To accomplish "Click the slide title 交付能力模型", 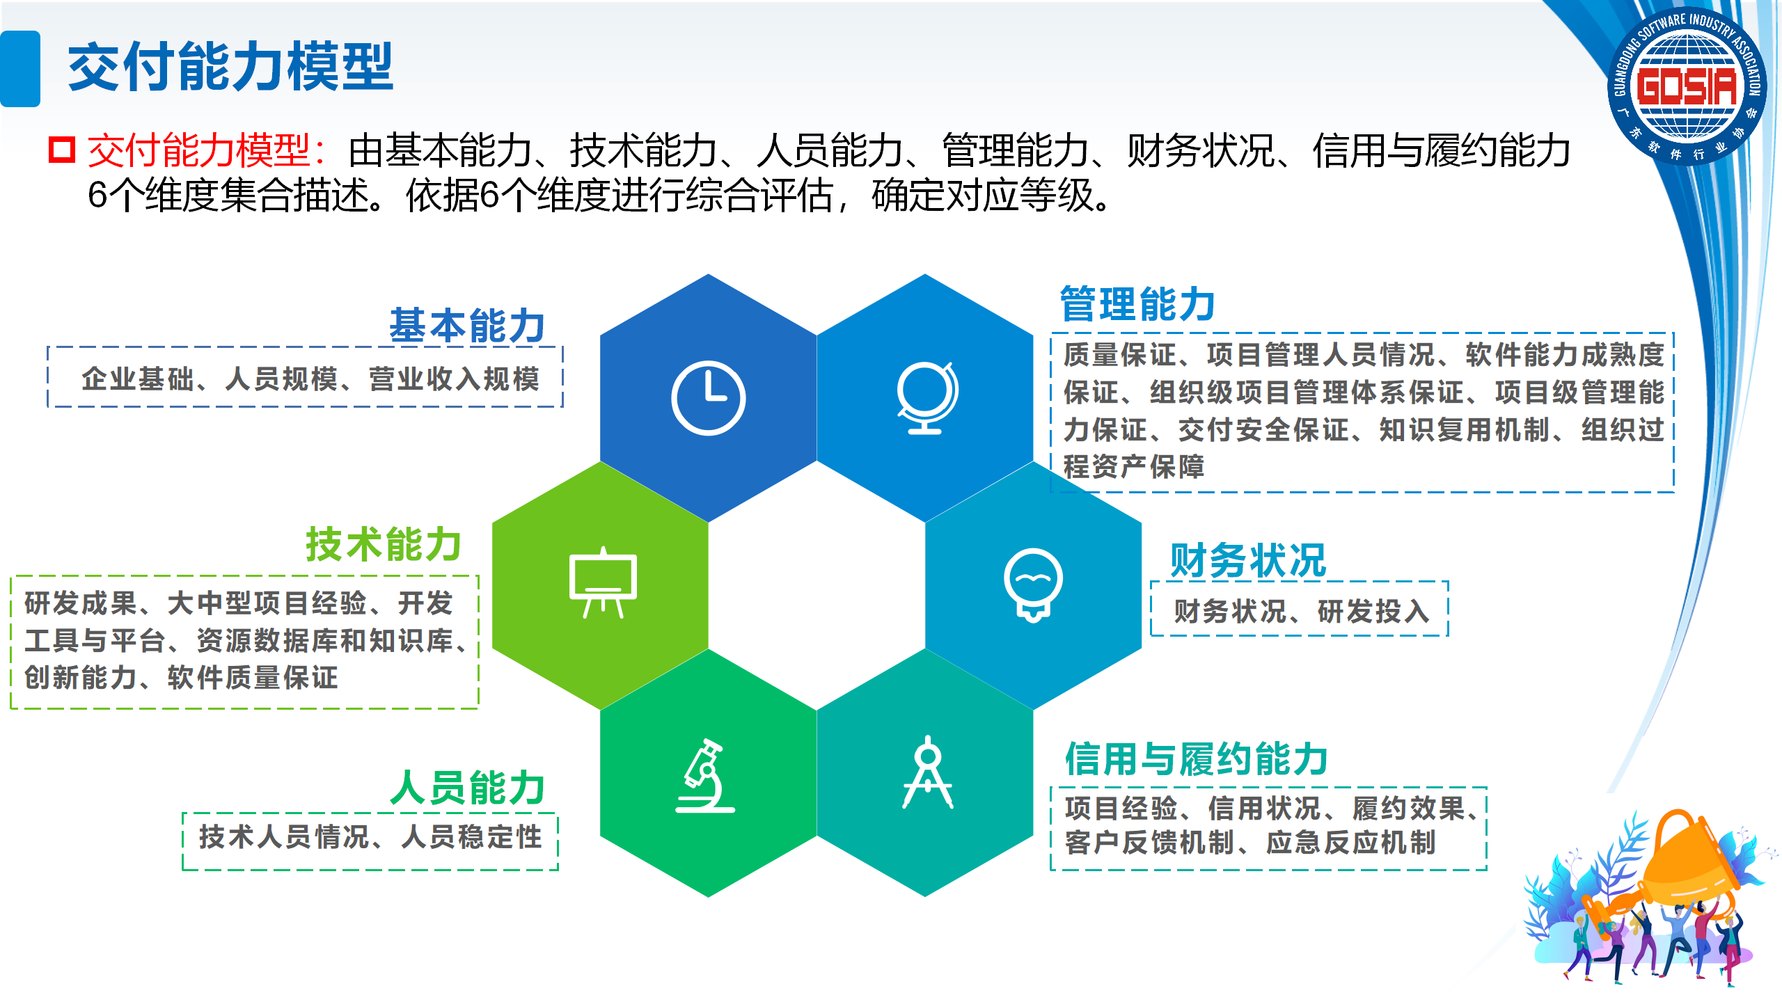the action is pos(230,67).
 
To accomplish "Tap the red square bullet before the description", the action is pos(62,150).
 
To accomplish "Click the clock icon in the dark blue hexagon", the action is pos(708,398).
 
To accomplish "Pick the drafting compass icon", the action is pos(928,772).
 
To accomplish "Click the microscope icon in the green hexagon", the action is pos(705,775).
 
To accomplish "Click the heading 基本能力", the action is pos(467,326).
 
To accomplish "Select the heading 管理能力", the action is pos(1137,304).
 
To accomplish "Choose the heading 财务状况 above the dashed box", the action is pos(1248,560).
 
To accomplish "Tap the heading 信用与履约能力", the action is pos(1197,758).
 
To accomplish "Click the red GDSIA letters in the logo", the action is pos(1687,87).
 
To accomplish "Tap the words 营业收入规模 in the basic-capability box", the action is pos(455,379).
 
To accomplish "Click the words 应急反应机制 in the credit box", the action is pos(1351,843).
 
